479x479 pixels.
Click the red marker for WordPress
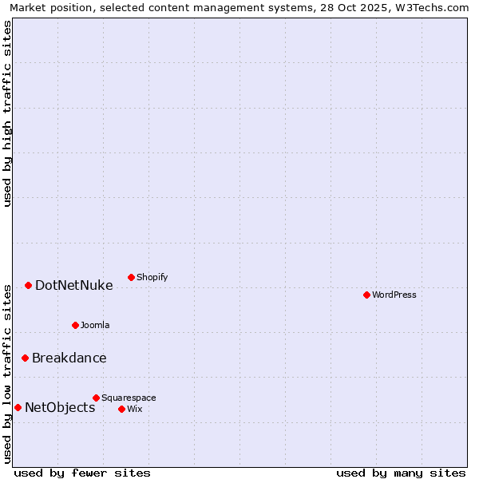point(366,295)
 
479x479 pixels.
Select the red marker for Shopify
point(131,277)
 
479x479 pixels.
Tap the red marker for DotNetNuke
point(28,285)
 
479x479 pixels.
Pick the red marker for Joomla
point(75,325)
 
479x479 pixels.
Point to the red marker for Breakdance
point(25,358)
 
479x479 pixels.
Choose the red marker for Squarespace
point(96,398)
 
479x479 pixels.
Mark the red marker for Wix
point(121,409)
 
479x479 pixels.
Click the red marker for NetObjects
point(18,407)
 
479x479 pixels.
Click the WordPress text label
point(394,295)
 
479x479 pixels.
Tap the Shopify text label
point(152,277)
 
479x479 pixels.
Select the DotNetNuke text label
point(73,285)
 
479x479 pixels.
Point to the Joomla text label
point(95,325)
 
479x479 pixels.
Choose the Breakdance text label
point(69,358)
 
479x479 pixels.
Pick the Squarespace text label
point(129,398)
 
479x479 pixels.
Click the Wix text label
point(134,409)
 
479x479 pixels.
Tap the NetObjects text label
point(60,407)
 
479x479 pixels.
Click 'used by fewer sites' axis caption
point(82,473)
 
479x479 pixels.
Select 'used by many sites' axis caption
point(401,473)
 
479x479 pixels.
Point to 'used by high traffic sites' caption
point(7,113)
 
